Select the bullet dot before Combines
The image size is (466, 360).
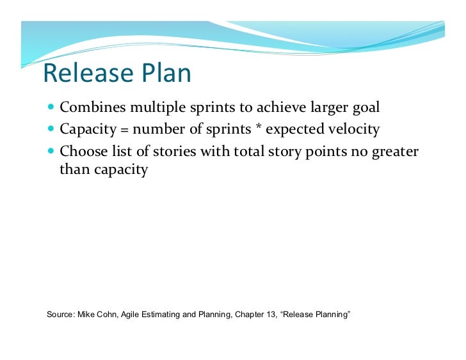[51, 107]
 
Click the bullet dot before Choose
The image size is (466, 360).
[51, 152]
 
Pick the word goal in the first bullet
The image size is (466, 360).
[364, 107]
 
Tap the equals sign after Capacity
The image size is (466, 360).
[124, 130]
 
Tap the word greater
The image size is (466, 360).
[394, 152]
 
